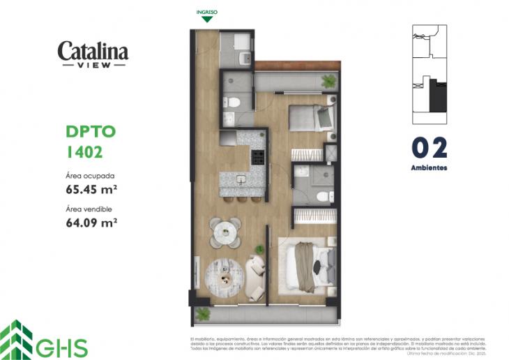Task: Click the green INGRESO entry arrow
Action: click(x=206, y=19)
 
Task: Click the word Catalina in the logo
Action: click(x=93, y=51)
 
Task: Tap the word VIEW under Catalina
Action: click(x=93, y=66)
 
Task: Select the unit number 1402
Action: click(x=85, y=150)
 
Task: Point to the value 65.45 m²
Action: click(x=91, y=188)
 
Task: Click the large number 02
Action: click(x=429, y=148)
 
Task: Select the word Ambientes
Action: click(x=429, y=168)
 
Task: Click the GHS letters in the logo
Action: click(x=66, y=347)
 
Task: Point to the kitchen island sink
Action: click(x=239, y=180)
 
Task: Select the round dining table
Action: click(x=225, y=232)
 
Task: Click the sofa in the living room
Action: click(x=256, y=273)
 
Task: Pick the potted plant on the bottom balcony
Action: click(x=203, y=313)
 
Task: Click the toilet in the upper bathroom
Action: click(x=234, y=103)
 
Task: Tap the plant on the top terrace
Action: click(x=328, y=81)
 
